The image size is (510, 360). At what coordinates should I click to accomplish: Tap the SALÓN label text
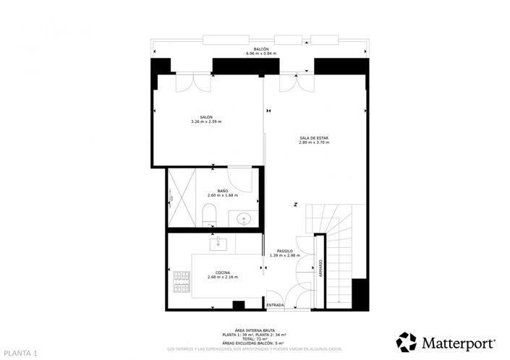pos(206,116)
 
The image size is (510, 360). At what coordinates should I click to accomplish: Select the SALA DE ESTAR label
pos(313,137)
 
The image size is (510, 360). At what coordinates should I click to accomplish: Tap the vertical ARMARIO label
pos(320,269)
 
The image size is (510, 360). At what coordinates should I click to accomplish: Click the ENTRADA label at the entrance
pos(276,306)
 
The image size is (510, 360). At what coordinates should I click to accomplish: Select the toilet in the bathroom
pos(209,214)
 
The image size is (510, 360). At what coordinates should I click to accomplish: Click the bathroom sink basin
pos(243,217)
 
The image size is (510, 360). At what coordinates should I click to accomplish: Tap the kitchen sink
pos(218,244)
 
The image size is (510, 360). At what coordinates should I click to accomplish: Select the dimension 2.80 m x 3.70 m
pos(313,142)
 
